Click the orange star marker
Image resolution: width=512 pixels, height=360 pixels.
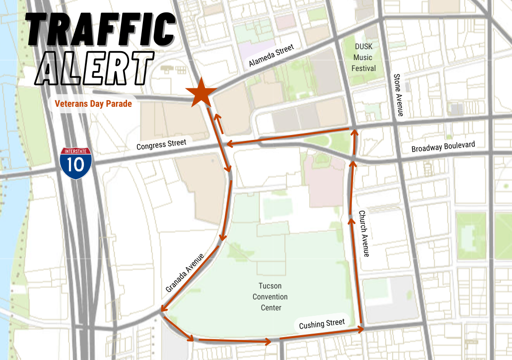201,93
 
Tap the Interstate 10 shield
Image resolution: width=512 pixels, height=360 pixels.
75,163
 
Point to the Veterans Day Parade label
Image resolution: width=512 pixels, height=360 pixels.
93,104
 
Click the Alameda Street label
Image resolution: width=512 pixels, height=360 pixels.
271,55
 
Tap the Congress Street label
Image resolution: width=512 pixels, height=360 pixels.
161,145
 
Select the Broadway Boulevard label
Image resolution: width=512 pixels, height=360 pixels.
443,147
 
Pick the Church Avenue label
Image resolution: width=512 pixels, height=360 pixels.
364,233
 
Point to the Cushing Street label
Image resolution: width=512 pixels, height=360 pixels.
321,324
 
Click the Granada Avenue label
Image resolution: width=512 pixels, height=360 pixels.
185,273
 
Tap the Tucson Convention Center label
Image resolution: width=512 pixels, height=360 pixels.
270,297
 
